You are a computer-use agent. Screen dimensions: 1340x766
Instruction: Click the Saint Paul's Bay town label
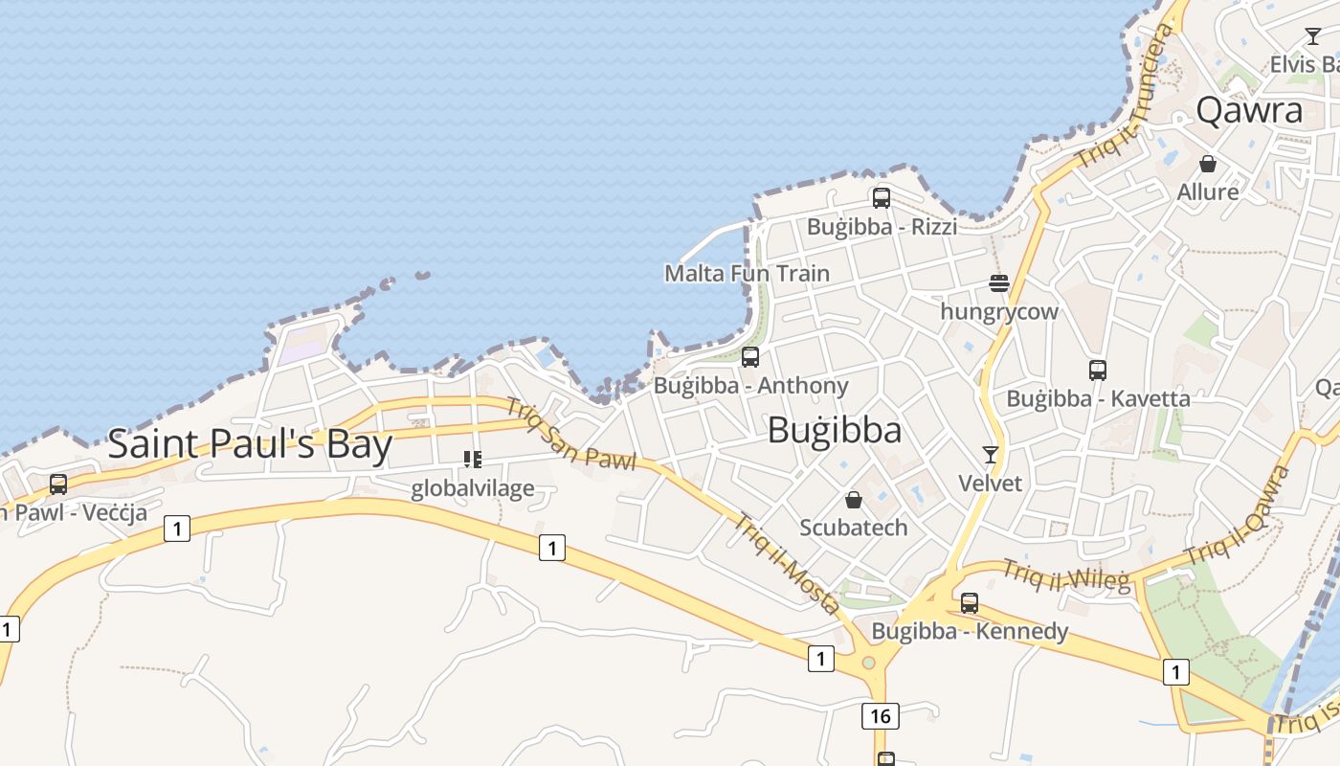[250, 445]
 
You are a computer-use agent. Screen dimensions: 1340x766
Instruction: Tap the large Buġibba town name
[835, 431]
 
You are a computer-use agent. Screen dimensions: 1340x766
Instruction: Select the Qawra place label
[1249, 111]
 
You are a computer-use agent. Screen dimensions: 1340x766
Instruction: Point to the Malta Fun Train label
[747, 273]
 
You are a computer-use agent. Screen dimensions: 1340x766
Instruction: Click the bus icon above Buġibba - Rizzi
[882, 198]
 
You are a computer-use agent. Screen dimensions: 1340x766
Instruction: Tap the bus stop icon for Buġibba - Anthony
[750, 357]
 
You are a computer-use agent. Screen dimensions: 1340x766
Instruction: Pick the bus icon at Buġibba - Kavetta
[1098, 370]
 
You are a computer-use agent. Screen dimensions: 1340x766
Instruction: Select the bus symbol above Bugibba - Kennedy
[970, 603]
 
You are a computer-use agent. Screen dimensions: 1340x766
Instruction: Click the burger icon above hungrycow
[999, 283]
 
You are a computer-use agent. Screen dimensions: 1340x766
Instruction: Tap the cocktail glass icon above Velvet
[991, 455]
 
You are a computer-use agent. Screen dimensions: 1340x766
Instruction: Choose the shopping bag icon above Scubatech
[853, 500]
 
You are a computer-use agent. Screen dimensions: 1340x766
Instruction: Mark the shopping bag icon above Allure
[1208, 164]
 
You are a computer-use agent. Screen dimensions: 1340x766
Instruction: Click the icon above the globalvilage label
[472, 460]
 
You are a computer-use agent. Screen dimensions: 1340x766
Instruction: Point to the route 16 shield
[881, 715]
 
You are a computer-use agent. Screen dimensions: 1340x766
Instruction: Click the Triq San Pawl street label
[571, 435]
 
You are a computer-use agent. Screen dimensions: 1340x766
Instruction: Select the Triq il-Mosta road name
[787, 564]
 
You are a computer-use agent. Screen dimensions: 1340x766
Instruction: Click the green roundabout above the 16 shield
[868, 663]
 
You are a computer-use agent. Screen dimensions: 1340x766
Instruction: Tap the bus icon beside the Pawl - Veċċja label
[58, 484]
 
